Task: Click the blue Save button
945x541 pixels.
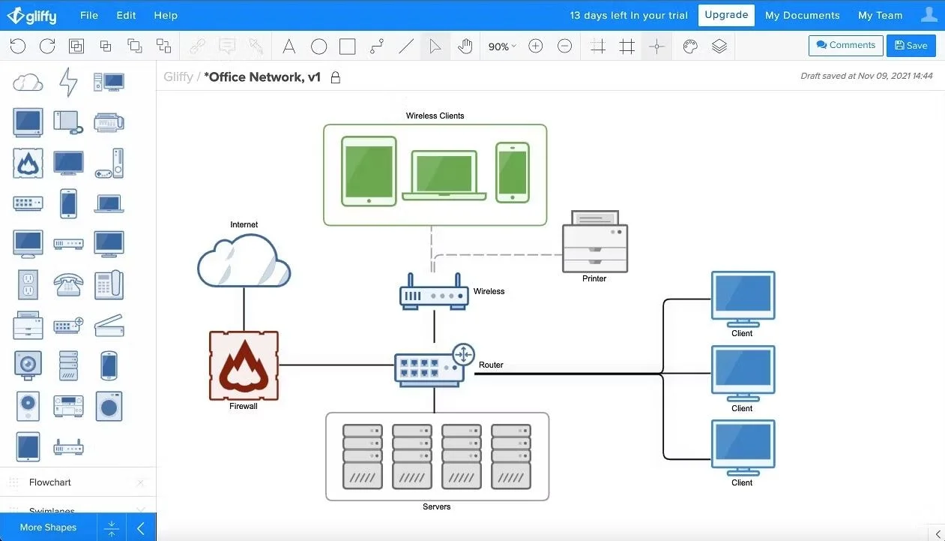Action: (x=911, y=46)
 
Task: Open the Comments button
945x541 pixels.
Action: (x=845, y=46)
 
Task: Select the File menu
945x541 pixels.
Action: (x=89, y=15)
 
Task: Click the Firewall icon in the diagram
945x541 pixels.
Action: (x=244, y=365)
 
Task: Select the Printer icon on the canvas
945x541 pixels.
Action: (x=595, y=242)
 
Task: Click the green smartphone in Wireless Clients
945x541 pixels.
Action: (x=513, y=172)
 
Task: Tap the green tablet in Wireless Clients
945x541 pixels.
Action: (x=369, y=171)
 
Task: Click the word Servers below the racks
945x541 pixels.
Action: (x=436, y=507)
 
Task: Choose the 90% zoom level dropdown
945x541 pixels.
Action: (x=501, y=47)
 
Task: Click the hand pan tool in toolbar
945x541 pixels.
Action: (x=465, y=47)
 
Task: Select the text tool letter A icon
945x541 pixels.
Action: (x=289, y=47)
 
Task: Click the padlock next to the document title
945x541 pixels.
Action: (x=336, y=77)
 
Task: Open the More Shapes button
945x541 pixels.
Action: (x=49, y=527)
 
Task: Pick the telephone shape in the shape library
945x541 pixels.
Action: (x=67, y=285)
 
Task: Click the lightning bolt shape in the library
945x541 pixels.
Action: (x=68, y=82)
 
